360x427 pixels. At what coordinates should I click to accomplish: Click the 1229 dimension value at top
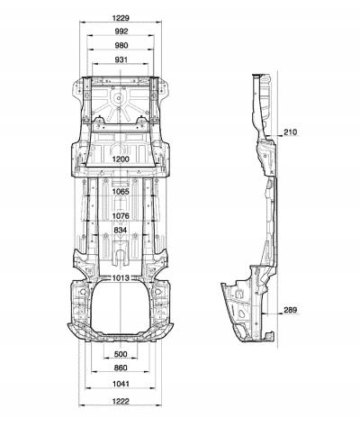[x=121, y=18]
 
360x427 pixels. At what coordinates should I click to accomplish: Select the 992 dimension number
[x=121, y=32]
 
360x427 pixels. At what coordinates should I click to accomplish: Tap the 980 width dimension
[x=121, y=45]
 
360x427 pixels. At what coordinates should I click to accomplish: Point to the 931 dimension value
[x=121, y=59]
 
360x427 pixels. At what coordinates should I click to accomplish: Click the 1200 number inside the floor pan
[x=121, y=159]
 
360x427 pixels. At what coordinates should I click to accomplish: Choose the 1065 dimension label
[x=121, y=191]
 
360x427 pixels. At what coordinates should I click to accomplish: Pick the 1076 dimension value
[x=121, y=215]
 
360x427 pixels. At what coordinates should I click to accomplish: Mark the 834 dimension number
[x=121, y=230]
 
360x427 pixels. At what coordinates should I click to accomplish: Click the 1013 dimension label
[x=121, y=278]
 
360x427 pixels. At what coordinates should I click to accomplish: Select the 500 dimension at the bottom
[x=121, y=354]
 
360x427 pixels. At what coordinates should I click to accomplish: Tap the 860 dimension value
[x=121, y=368]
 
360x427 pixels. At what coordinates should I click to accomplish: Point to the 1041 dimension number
[x=121, y=384]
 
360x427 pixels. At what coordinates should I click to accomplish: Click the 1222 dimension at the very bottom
[x=121, y=401]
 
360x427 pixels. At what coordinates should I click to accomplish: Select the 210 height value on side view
[x=290, y=132]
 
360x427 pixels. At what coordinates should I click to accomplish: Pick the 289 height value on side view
[x=290, y=310]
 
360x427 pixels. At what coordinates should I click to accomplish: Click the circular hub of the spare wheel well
[x=119, y=98]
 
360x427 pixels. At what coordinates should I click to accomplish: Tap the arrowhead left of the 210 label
[x=280, y=136]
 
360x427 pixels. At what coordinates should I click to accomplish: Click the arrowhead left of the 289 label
[x=280, y=313]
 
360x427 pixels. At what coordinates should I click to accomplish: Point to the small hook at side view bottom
[x=270, y=335]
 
